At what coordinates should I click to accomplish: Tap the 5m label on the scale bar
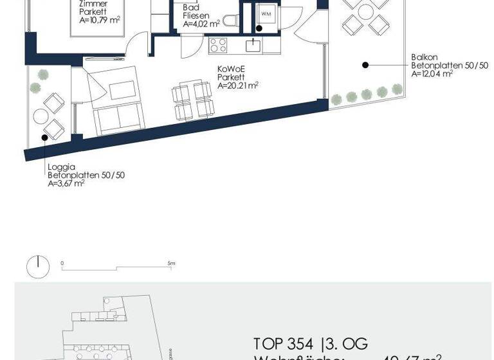pos(171,264)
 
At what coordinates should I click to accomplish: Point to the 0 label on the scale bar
pos(62,264)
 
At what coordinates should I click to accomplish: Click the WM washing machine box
pos(265,13)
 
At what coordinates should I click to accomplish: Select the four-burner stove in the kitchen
pos(218,45)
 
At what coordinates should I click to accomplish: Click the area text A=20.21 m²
pos(238,85)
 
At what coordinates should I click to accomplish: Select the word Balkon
pos(425,57)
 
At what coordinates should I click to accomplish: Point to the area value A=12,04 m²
pos(432,74)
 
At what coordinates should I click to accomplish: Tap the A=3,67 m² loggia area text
pos(66,183)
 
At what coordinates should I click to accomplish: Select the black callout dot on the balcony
pos(365,64)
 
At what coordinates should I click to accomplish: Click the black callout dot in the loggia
pos(45,136)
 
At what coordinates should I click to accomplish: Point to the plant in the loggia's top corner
pos(42,73)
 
